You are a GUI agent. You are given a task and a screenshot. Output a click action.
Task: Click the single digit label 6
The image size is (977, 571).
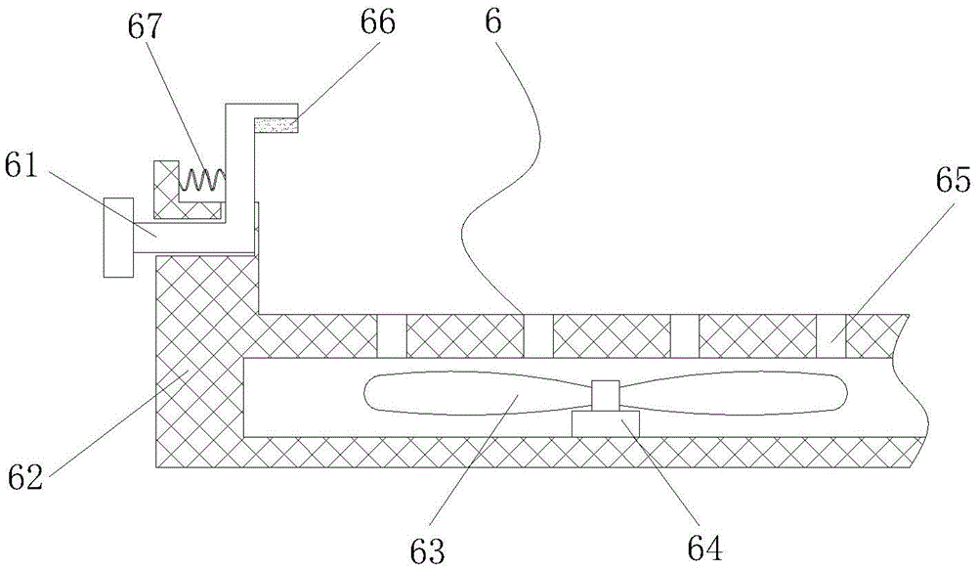[x=492, y=23]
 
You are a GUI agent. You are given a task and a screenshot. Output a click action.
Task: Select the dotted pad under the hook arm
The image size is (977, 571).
[x=276, y=124]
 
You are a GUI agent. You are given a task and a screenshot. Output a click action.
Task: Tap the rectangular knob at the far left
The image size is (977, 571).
[x=118, y=238]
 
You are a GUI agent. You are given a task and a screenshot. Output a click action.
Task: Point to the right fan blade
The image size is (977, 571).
[x=733, y=393]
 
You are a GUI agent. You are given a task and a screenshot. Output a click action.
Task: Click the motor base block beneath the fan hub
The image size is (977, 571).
[x=606, y=422]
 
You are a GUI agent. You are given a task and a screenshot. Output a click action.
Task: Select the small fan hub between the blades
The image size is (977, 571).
[x=606, y=394]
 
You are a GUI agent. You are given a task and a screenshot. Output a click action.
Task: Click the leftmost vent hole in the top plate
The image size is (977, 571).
[x=392, y=335]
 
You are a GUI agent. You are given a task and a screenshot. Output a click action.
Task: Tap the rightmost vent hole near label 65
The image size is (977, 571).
[x=831, y=335]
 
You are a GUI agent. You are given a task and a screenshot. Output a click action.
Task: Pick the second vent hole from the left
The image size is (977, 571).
[x=537, y=335]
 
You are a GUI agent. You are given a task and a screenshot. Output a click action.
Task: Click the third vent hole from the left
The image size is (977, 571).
[x=685, y=335]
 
